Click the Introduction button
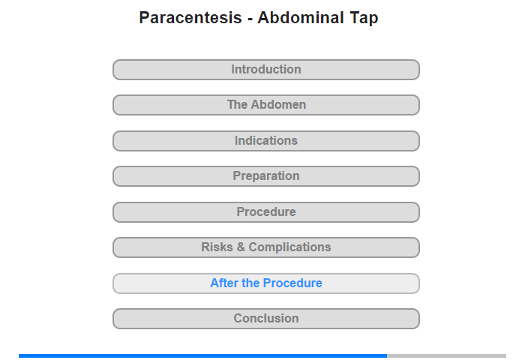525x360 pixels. (x=266, y=70)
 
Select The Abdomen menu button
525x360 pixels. (x=266, y=105)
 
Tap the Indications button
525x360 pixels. (x=266, y=141)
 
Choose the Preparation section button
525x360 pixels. (x=266, y=176)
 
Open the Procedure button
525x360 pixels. (x=266, y=212)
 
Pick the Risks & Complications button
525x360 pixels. (x=266, y=247)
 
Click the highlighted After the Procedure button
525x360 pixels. (x=266, y=283)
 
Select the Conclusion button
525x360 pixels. (x=266, y=319)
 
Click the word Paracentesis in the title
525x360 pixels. (x=190, y=17)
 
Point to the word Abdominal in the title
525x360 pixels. (x=301, y=17)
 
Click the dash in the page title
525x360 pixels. (x=250, y=19)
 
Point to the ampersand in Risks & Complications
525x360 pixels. (x=241, y=247)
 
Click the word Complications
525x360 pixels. (x=289, y=247)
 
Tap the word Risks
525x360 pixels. (x=217, y=247)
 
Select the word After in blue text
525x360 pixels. (x=224, y=283)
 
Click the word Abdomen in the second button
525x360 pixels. (x=278, y=104)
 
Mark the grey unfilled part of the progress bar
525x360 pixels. (x=447, y=355)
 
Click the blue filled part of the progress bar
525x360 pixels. (x=203, y=355)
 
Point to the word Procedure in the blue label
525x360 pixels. (x=292, y=283)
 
